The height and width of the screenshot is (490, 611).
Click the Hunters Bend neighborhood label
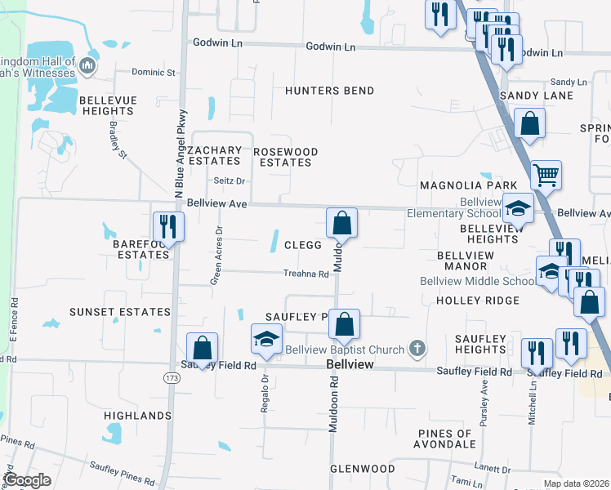(329, 91)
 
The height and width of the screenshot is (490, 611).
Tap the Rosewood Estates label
(285, 157)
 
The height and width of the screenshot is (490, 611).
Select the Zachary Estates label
(214, 156)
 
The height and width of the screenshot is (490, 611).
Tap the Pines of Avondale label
(445, 439)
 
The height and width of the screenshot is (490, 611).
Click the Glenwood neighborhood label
(363, 469)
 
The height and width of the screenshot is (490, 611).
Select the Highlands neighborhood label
(137, 416)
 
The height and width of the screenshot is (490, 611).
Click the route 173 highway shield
(171, 378)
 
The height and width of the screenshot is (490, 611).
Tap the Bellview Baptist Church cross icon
(417, 350)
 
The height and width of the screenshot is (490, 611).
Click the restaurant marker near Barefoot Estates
(167, 226)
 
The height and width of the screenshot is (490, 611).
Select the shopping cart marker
(546, 174)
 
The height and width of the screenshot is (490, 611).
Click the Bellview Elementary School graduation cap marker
(517, 208)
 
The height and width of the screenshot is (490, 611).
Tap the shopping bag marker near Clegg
(341, 222)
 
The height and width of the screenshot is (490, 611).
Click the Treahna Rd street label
(305, 274)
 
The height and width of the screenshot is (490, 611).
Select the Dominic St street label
(154, 73)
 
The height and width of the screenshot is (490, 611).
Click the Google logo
(28, 480)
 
